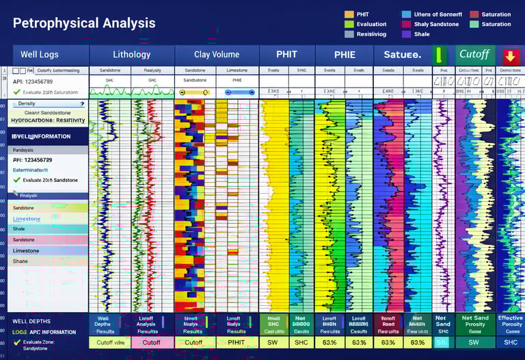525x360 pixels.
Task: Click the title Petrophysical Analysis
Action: pyautogui.click(x=84, y=23)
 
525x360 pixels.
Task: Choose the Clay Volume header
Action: pyautogui.click(x=217, y=54)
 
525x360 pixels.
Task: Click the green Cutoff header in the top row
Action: pyautogui.click(x=474, y=54)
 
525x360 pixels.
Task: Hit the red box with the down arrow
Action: pyautogui.click(x=509, y=55)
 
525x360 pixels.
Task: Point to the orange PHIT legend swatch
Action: pyautogui.click(x=349, y=14)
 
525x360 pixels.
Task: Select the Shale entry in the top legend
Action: pyautogui.click(x=422, y=34)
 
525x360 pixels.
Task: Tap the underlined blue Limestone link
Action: pyautogui.click(x=27, y=219)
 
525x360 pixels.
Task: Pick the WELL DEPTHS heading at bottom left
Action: pyautogui.click(x=31, y=322)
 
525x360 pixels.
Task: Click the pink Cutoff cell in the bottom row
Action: pyautogui.click(x=151, y=342)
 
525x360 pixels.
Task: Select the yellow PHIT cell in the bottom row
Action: pyautogui.click(x=237, y=342)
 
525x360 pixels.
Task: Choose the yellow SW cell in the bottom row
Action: pyautogui.click(x=273, y=342)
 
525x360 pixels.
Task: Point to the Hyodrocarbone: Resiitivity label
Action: pyautogui.click(x=48, y=120)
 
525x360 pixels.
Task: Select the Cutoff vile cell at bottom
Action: pyautogui.click(x=109, y=342)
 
